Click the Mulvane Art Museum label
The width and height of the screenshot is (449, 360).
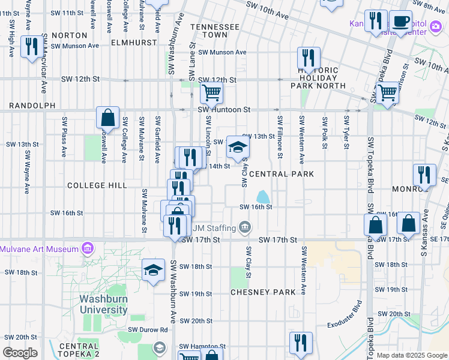pyautogui.click(x=39, y=248)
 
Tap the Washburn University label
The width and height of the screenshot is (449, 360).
pyautogui.click(x=104, y=304)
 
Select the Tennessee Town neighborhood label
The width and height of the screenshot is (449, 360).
pyautogui.click(x=214, y=31)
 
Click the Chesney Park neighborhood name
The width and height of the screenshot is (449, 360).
pyautogui.click(x=263, y=292)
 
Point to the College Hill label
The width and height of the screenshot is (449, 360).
pyautogui.click(x=97, y=185)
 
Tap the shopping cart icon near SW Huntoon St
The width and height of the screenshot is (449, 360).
pyautogui.click(x=211, y=94)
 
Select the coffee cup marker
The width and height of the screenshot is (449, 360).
pyautogui.click(x=400, y=22)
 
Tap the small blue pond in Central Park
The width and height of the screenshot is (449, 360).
pyautogui.click(x=262, y=196)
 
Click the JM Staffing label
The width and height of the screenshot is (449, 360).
pyautogui.click(x=214, y=227)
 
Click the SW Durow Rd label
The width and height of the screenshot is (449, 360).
pyautogui.click(x=147, y=329)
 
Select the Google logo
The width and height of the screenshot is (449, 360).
pyautogui.click(x=20, y=353)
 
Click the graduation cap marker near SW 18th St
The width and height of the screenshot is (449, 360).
pyautogui.click(x=153, y=270)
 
